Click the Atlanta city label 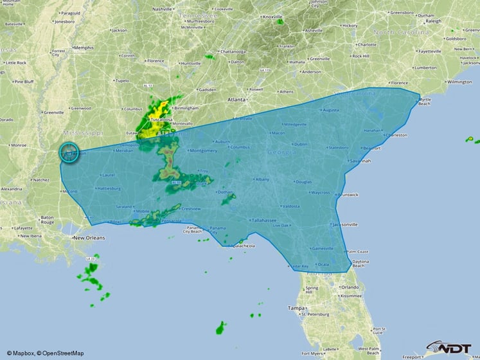(236, 100)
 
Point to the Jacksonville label (345, 224)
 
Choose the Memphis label (83, 48)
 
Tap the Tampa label (296, 309)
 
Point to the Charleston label (396, 135)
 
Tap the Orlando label (350, 287)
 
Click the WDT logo (450, 347)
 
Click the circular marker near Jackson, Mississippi (69, 152)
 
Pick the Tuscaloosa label (160, 120)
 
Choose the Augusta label (330, 110)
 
